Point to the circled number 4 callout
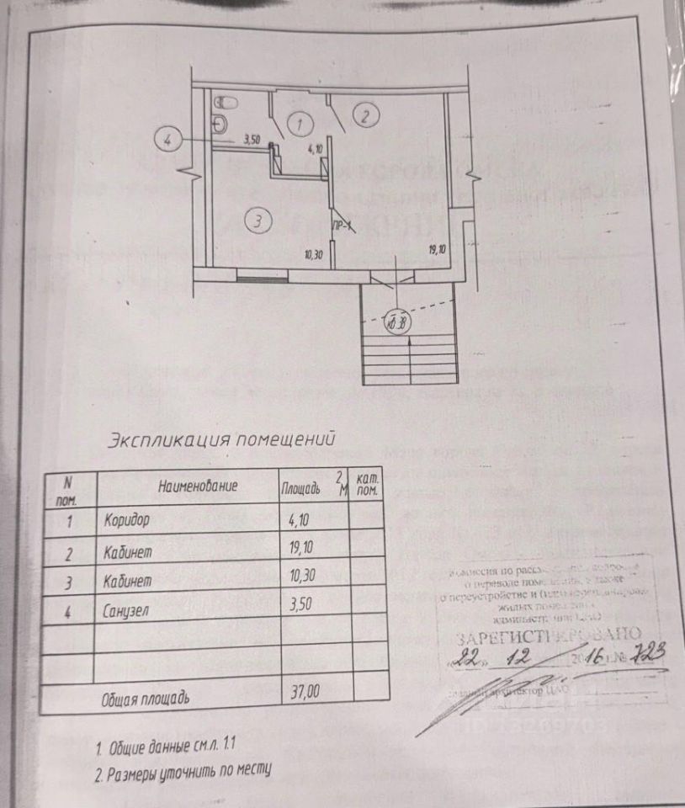(x=168, y=140)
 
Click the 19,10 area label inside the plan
(x=436, y=249)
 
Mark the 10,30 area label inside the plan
(x=314, y=254)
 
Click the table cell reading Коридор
(x=127, y=519)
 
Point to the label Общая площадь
(x=147, y=699)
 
